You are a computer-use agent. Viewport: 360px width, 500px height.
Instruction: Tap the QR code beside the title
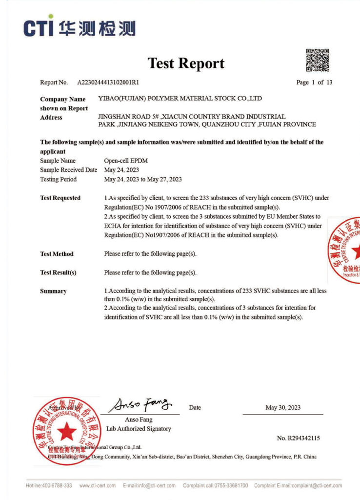(317, 61)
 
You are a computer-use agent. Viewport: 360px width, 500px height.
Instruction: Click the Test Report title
(186, 63)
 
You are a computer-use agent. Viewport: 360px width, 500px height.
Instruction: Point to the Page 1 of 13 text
(314, 82)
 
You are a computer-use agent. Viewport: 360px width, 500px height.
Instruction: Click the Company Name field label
(63, 99)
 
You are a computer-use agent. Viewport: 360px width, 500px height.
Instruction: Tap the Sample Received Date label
(68, 170)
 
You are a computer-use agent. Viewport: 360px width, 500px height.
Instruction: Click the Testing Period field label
(58, 179)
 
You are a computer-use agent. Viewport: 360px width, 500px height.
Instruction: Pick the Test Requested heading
(60, 198)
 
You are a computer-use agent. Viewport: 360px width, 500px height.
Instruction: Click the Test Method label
(57, 254)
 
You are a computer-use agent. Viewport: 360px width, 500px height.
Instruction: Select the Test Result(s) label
(58, 272)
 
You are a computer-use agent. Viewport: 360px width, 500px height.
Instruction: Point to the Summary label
(53, 291)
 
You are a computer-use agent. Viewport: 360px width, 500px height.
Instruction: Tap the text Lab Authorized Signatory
(139, 429)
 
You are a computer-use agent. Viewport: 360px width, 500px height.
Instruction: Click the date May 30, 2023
(283, 408)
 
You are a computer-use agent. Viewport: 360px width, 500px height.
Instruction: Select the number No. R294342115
(298, 438)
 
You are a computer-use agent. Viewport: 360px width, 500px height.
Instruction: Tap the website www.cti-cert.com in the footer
(97, 485)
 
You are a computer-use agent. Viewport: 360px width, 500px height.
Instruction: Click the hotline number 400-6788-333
(56, 485)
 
